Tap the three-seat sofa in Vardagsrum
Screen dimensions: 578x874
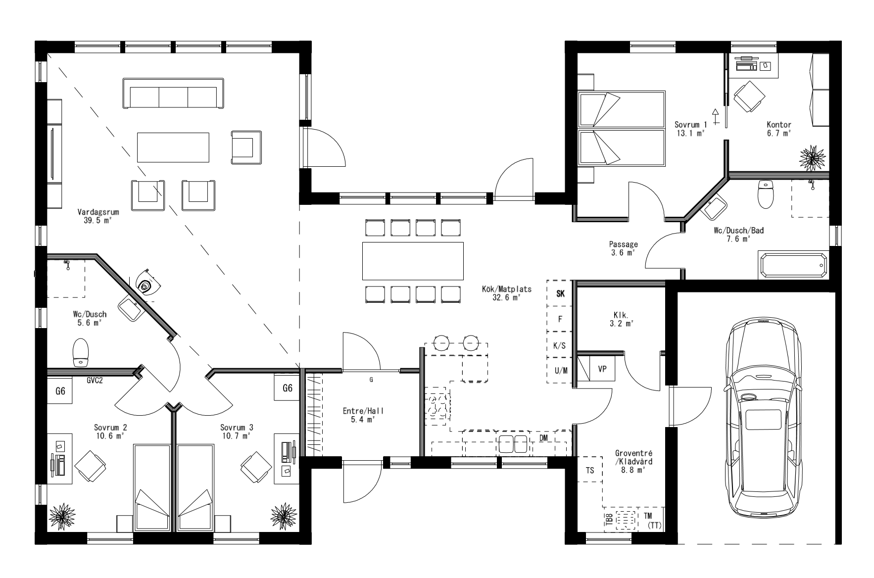click(x=173, y=93)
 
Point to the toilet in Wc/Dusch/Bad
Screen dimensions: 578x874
click(x=765, y=195)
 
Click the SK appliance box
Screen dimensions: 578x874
click(x=560, y=293)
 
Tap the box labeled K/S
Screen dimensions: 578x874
click(x=560, y=345)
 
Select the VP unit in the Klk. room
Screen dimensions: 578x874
click(x=602, y=369)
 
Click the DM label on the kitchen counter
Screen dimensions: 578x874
click(x=543, y=438)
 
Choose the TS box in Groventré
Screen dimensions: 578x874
click(x=589, y=470)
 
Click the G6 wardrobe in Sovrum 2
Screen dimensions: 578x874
click(x=60, y=391)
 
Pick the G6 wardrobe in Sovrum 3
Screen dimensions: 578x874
click(x=287, y=388)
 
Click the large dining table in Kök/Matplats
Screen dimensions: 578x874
click(x=413, y=261)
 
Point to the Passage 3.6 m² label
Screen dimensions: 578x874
click(x=623, y=248)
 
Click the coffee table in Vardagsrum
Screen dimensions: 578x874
click(x=173, y=147)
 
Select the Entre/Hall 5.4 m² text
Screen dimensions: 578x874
click(x=363, y=415)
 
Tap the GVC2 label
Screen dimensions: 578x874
click(x=95, y=380)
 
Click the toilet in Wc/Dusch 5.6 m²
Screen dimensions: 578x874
click(x=80, y=352)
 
